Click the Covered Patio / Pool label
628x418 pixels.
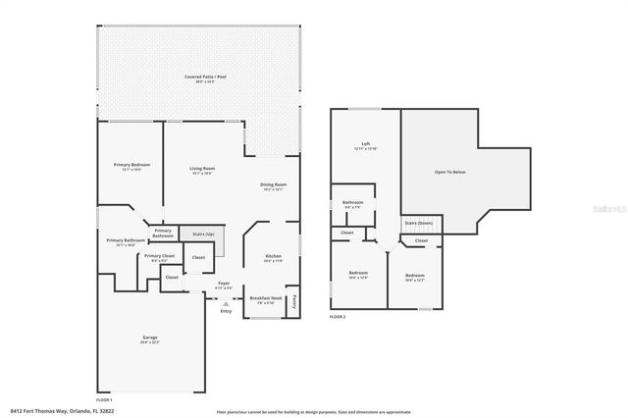pos(200,77)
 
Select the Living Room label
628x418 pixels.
pos(202,169)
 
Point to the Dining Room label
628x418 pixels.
pos(273,184)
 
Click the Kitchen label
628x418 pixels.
pos(273,257)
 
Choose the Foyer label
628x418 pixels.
pos(224,285)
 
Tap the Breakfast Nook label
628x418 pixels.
pos(265,297)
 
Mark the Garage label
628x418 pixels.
pos(150,338)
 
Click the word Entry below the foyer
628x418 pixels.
pos(226,311)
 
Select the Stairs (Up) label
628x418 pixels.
pos(203,235)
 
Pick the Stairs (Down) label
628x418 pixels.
pos(418,223)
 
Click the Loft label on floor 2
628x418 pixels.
pos(365,144)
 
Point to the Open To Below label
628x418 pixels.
pos(449,171)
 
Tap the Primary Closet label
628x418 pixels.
pos(160,255)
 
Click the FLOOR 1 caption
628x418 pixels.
pos(103,399)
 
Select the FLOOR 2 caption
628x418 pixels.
pos(338,317)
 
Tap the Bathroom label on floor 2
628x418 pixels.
pos(352,204)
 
